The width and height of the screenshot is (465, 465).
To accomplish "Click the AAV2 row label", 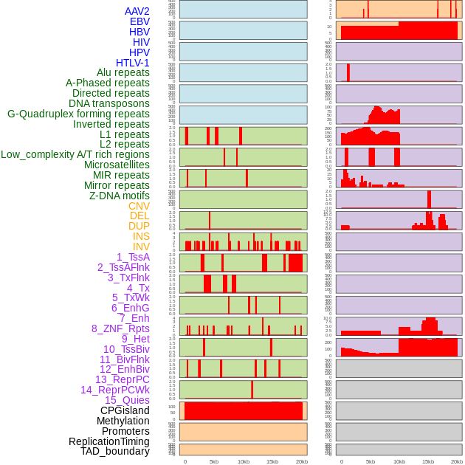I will pyautogui.click(x=137, y=11).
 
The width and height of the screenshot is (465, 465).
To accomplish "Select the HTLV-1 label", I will pyautogui.click(x=133, y=63).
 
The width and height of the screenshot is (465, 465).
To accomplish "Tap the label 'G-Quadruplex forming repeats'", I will pyautogui.click(x=78, y=114).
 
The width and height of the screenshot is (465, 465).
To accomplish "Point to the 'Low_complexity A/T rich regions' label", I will pyautogui.click(x=75, y=154).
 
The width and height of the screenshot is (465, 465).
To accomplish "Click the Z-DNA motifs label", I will pyautogui.click(x=120, y=196).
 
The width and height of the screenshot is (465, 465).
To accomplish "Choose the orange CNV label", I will pyautogui.click(x=139, y=206).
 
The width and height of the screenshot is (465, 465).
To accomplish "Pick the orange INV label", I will pyautogui.click(x=141, y=247).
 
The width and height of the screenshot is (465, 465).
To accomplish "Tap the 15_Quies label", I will pyautogui.click(x=127, y=400).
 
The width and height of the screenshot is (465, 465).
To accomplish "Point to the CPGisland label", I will pyautogui.click(x=125, y=410).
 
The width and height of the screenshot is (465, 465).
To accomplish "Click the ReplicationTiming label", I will pyautogui.click(x=109, y=441).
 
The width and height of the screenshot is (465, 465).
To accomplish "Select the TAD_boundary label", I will pyautogui.click(x=115, y=451).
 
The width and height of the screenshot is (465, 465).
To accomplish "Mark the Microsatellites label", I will pyautogui.click(x=117, y=165).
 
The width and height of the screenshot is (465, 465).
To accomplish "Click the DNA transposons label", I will pyautogui.click(x=109, y=103).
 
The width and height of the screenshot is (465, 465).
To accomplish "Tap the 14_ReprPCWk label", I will pyautogui.click(x=115, y=390).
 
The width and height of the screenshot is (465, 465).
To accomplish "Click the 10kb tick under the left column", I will pyautogui.click(x=244, y=461).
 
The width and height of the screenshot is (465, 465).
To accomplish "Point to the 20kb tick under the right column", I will pyautogui.click(x=457, y=461).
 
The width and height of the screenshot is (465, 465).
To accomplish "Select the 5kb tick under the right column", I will pyautogui.click(x=371, y=461).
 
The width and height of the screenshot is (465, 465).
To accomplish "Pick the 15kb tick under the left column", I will pyautogui.click(x=272, y=461).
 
